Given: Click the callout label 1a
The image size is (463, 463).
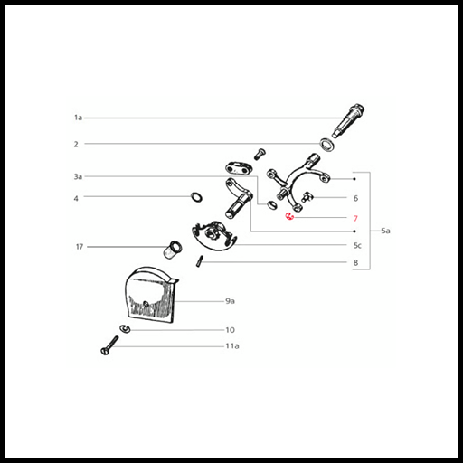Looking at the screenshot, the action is tap(78, 118).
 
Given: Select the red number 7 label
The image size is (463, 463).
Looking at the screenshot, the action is tap(355, 218).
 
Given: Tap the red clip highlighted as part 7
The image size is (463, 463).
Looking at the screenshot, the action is tap(289, 216).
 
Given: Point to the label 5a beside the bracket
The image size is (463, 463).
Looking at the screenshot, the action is tap(385, 231).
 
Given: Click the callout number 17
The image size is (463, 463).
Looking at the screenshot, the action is tap(80, 247).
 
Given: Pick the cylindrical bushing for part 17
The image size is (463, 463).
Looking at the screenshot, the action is tap(173, 250).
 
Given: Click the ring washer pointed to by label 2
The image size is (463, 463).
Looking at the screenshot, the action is tap(326, 145).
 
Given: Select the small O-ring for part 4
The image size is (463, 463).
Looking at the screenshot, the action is tap(196, 197).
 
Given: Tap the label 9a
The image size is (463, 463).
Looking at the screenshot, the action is tap(230, 301).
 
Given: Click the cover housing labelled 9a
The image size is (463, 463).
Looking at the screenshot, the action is tap(151, 295).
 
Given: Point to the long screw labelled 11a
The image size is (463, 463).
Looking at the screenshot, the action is tap(109, 345).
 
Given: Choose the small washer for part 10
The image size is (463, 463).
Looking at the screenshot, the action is tap(125, 329).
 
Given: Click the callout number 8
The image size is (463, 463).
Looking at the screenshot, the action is tap(355, 262).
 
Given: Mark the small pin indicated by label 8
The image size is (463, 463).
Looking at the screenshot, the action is tap(200, 260).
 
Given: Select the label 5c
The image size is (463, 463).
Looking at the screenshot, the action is tap(357, 246).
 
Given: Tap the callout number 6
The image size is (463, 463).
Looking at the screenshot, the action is tap(355, 198).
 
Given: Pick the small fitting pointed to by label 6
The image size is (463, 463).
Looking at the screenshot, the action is tap(307, 197).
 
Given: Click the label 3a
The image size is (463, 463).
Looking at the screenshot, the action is tap(78, 176).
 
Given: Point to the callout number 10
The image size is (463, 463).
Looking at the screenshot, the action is tap(230, 330).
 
